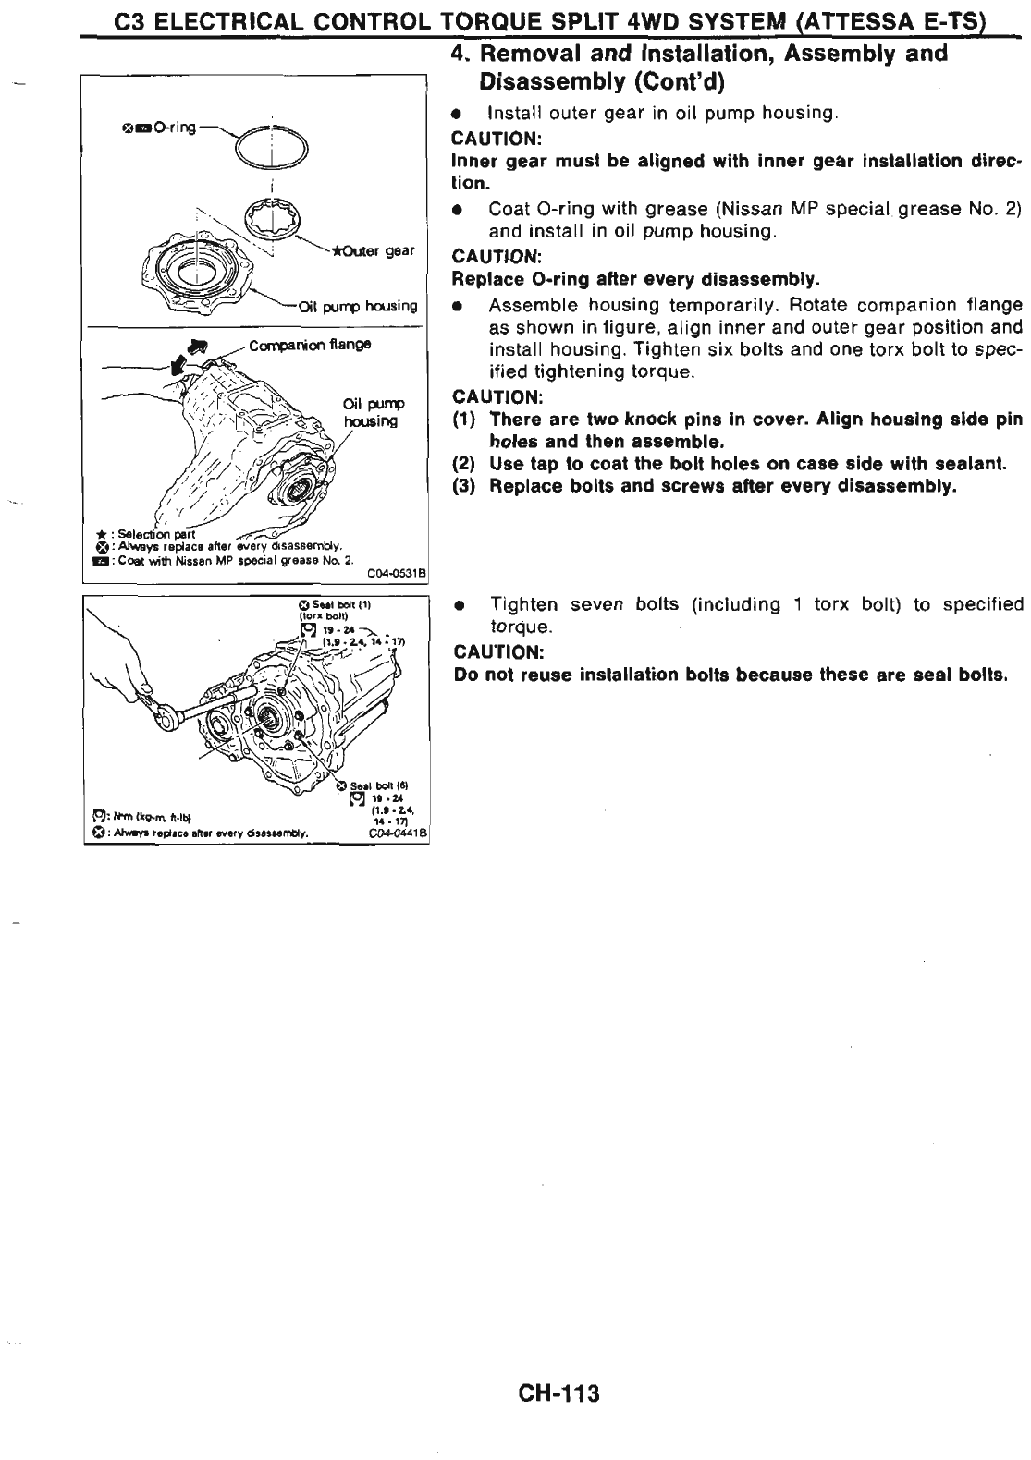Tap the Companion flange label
[x=310, y=344]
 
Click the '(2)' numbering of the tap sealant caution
[x=463, y=464]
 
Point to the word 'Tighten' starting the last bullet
[x=523, y=605]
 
